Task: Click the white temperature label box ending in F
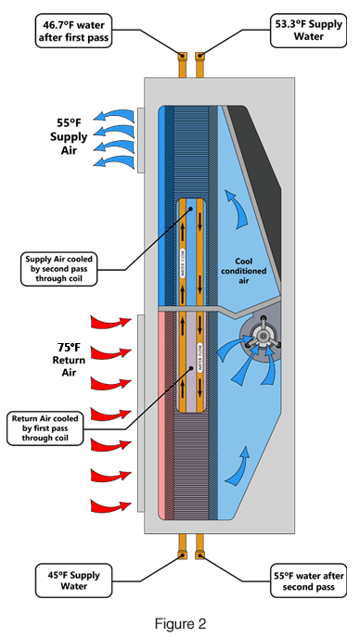tap(66, 348)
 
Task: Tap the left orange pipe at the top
tap(182, 65)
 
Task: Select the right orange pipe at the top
tap(199, 65)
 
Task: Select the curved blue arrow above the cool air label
tap(238, 209)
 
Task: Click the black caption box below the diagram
tap(180, 624)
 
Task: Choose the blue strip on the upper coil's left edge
tap(165, 204)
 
